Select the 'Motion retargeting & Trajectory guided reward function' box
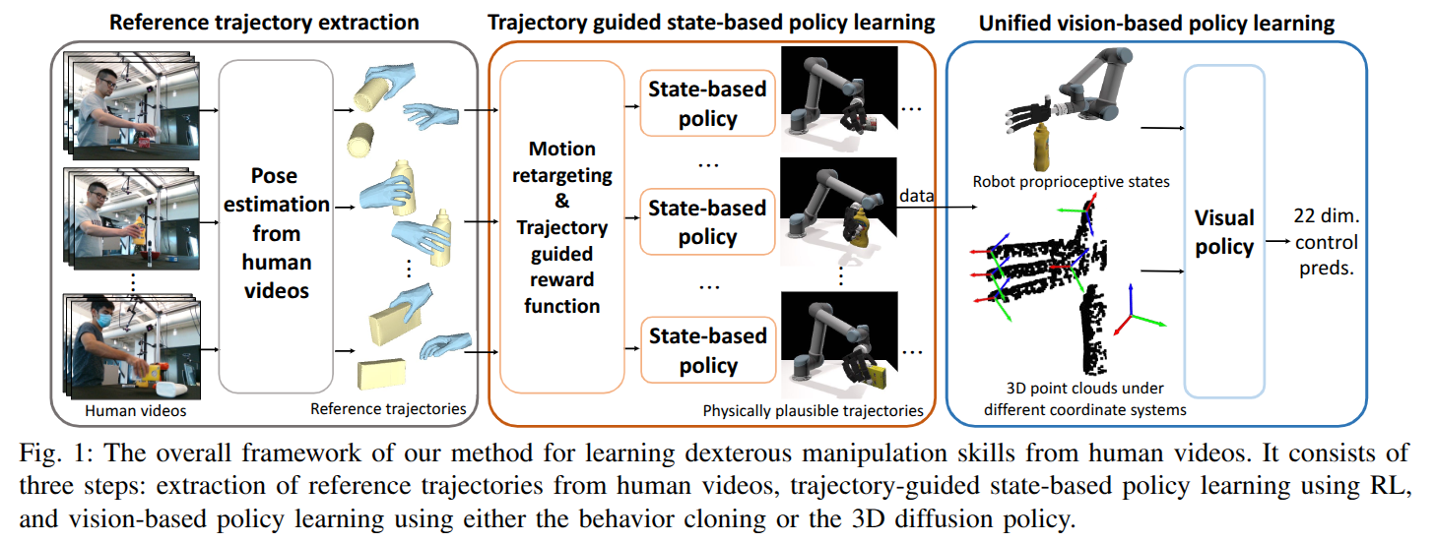point(562,226)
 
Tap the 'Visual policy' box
point(1224,230)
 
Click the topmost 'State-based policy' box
point(706,104)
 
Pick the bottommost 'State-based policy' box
point(706,350)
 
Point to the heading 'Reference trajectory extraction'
point(264,22)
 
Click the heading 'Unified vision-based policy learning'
point(1156,22)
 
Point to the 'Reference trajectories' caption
point(388,408)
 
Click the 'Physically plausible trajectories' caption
point(813,410)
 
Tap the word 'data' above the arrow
point(917,197)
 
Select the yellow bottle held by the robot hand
point(1042,144)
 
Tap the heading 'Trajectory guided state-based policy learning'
point(712,22)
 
